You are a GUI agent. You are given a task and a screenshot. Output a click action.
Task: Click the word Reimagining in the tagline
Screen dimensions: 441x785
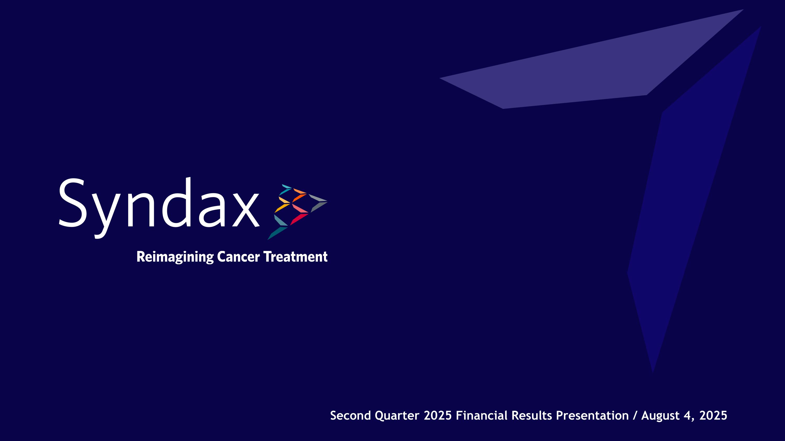coord(175,257)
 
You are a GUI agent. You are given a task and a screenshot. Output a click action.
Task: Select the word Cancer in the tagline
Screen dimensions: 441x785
coord(238,257)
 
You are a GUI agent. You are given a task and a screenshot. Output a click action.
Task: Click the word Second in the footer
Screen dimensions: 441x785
coord(350,416)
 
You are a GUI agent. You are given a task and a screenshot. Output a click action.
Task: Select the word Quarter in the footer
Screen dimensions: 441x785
coord(397,416)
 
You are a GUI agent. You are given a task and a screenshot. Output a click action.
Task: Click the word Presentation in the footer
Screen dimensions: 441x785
coord(592,416)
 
